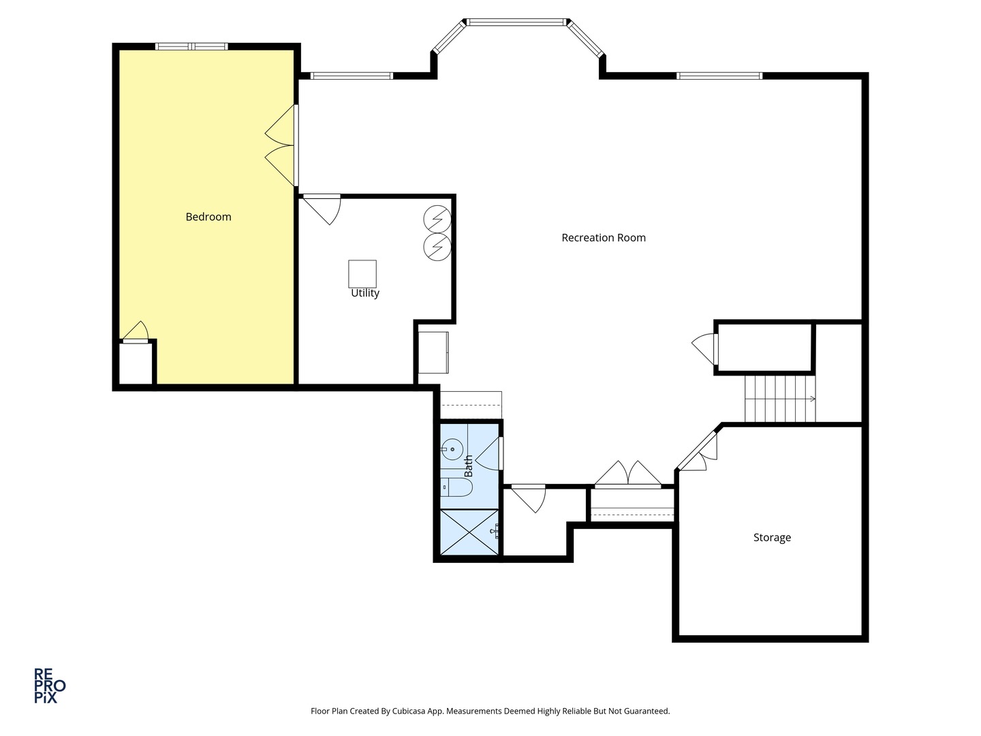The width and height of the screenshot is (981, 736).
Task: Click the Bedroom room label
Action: tap(208, 217)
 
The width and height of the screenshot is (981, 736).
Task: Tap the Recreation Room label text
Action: tap(604, 238)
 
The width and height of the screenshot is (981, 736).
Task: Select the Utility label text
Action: tap(365, 293)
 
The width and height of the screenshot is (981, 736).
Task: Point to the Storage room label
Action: tap(772, 538)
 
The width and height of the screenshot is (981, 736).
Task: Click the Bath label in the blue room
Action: tap(469, 465)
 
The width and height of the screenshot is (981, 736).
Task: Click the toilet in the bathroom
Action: tap(456, 487)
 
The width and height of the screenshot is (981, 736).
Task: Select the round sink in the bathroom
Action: tap(452, 448)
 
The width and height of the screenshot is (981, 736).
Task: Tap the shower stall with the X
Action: tap(469, 532)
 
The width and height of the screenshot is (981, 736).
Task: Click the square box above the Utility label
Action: tap(362, 274)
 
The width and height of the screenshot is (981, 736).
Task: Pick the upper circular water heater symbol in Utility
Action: tap(437, 219)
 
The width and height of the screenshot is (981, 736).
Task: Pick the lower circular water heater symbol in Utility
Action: tap(437, 247)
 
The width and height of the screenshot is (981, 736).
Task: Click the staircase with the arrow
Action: tap(780, 399)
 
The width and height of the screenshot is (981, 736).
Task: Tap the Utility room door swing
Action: tap(322, 210)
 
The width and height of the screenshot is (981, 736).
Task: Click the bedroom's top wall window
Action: tap(191, 46)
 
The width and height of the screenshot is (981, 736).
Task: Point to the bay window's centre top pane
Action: tap(516, 22)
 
